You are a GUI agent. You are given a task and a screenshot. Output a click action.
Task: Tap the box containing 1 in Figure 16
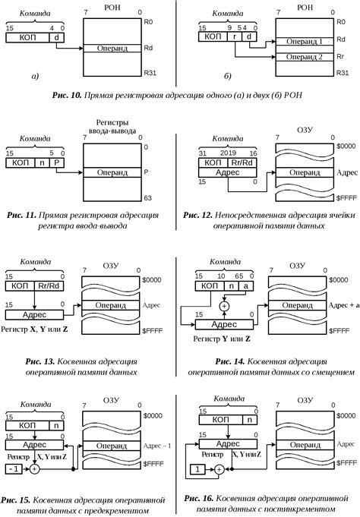point(197,471)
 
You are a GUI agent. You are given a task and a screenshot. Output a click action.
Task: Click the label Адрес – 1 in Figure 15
point(156,444)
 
